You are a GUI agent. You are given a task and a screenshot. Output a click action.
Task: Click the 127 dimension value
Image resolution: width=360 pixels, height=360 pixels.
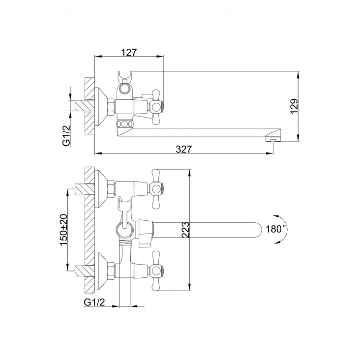click(128, 52)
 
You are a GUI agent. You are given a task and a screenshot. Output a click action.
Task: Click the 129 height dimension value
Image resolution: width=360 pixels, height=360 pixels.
click(294, 106)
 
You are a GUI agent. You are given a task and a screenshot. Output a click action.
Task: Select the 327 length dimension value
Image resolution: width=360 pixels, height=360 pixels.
click(183, 149)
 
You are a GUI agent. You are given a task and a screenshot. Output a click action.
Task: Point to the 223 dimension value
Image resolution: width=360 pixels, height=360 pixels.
click(185, 230)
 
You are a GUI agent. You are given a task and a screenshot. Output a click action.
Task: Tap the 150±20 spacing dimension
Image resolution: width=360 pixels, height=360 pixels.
click(63, 230)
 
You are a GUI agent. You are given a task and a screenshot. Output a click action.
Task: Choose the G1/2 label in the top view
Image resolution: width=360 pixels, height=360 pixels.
click(66, 136)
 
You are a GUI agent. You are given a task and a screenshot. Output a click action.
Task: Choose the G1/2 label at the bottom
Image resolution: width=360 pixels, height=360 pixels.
click(94, 302)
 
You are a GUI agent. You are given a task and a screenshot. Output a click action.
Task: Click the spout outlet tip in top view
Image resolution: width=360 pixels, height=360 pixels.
click(273, 139)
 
